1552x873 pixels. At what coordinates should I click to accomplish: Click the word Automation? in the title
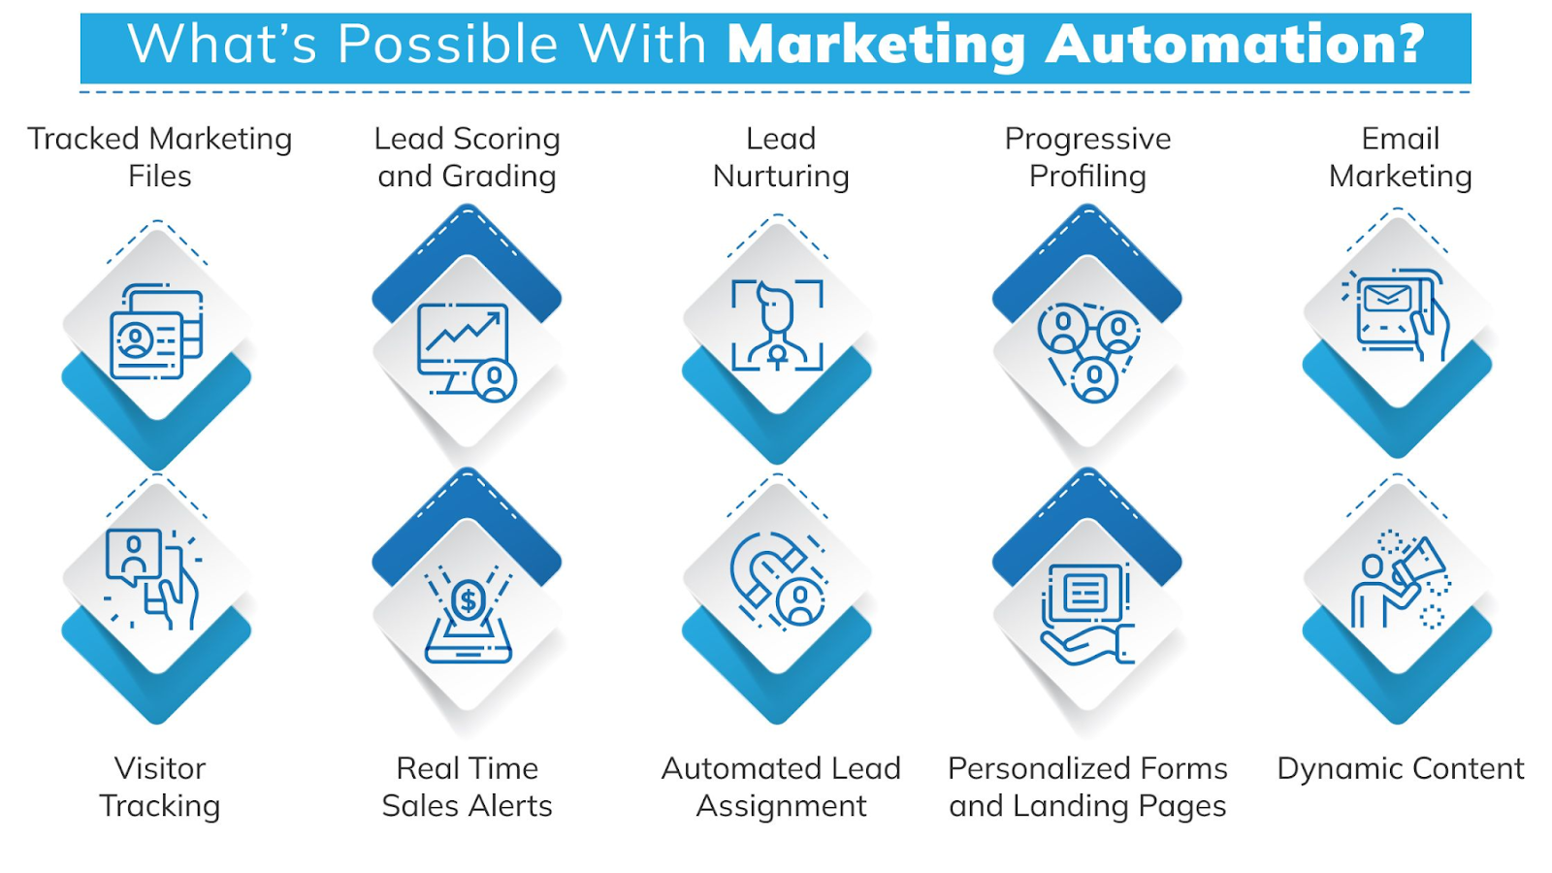pos(1235,45)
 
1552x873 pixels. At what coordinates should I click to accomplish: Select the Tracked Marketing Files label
pos(160,157)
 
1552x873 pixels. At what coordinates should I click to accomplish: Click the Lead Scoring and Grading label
pos(468,157)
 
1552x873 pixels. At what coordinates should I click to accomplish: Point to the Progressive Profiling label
pos(1087,157)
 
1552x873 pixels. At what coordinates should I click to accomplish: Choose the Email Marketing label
pos(1400,157)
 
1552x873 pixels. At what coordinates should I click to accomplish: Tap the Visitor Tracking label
pos(160,787)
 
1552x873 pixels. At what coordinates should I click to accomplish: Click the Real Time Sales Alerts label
pos(468,787)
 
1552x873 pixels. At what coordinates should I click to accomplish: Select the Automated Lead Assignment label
pos(781,787)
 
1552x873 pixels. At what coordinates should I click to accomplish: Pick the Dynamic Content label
pos(1400,768)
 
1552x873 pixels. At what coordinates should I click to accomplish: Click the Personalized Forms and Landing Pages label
pos(1087,787)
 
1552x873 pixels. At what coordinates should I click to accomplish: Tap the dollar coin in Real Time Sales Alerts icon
pos(469,601)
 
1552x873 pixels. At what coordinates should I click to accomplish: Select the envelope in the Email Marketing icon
pos(1387,298)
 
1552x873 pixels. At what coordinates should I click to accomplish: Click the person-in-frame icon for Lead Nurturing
pos(777,326)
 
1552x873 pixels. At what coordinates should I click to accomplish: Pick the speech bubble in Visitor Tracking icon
pos(133,554)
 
